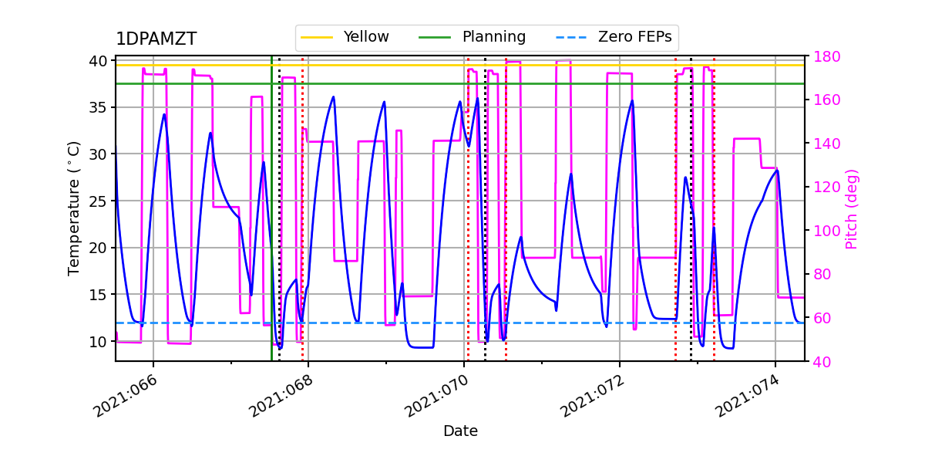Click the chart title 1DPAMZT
[x=156, y=39]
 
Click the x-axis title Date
[x=460, y=431]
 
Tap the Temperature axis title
[x=74, y=208]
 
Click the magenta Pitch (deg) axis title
[x=852, y=208]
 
